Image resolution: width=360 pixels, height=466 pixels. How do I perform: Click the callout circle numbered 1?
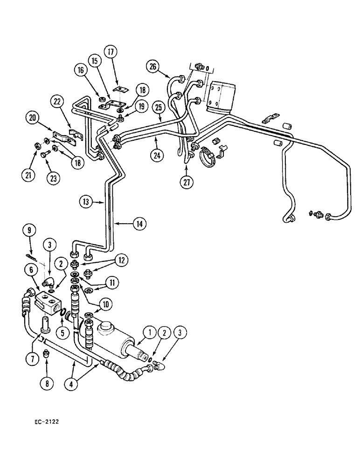[x=149, y=332]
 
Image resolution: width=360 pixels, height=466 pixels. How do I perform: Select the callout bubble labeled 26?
[x=152, y=66]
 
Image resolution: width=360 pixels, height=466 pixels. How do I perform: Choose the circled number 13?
[x=85, y=202]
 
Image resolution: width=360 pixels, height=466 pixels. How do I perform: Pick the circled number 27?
[x=186, y=182]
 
